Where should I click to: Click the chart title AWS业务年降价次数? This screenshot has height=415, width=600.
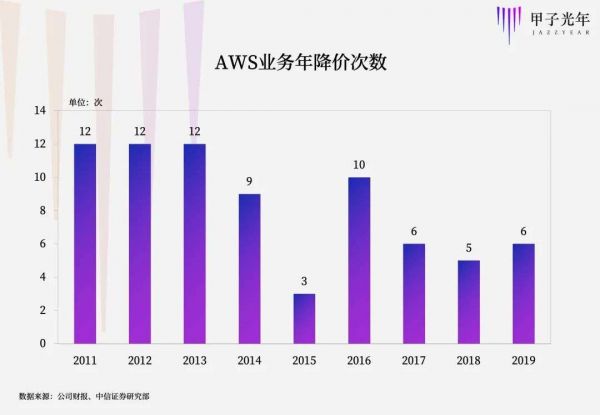pos(299,61)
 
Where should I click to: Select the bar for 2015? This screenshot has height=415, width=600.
pos(305,318)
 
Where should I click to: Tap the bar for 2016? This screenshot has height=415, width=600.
pos(359,260)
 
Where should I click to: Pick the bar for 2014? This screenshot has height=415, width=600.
pos(250,268)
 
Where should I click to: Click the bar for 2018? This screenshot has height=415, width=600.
pos(468,301)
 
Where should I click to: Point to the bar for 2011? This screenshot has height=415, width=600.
pos(85,243)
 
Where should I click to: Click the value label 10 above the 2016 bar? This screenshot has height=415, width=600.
pos(359,165)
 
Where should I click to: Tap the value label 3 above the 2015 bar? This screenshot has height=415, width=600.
pos(305,281)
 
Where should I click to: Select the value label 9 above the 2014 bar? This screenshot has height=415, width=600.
pos(250,181)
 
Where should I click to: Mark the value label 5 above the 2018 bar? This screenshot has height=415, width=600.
pos(468,248)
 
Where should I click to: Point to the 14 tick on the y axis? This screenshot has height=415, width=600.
pos(39,111)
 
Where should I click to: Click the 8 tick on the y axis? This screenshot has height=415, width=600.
pos(41,210)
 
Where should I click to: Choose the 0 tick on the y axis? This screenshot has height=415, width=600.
pos(41,343)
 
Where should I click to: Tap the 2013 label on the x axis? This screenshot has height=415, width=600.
pos(195,360)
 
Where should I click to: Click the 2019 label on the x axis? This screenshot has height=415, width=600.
pos(523,360)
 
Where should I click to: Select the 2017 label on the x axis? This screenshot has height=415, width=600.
pos(414,360)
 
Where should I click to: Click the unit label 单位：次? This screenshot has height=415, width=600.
pos(85,102)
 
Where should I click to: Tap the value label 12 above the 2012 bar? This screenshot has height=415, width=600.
pos(140,131)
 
